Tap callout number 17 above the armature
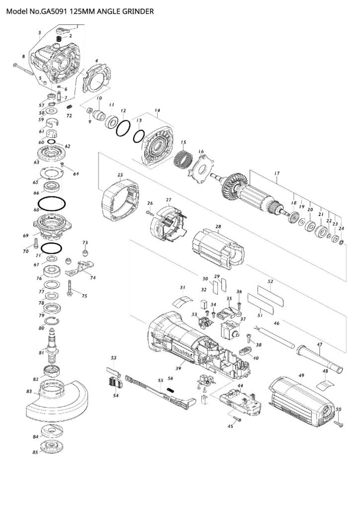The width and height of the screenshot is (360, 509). point(277,173)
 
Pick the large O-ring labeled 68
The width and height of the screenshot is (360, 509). point(52,203)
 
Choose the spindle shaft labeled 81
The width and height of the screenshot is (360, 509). point(52,348)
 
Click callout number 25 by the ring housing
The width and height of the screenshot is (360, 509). point(120,175)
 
